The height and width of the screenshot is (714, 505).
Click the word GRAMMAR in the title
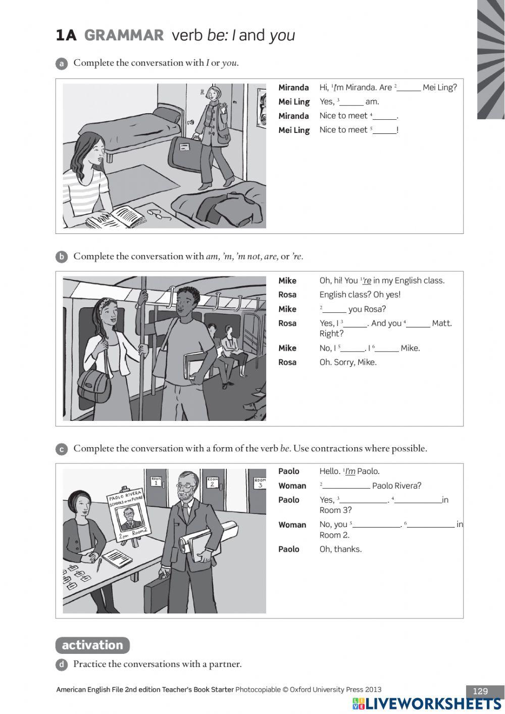124,35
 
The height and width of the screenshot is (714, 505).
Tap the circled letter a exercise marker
61,64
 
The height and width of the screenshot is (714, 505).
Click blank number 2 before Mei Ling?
409,88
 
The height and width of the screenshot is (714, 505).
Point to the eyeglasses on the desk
158,214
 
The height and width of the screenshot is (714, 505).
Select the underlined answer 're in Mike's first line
367,281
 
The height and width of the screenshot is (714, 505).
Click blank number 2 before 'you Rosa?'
334,310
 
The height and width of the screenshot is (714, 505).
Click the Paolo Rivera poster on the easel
126,514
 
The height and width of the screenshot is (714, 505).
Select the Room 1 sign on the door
156,481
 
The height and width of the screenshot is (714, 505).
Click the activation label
92,645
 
